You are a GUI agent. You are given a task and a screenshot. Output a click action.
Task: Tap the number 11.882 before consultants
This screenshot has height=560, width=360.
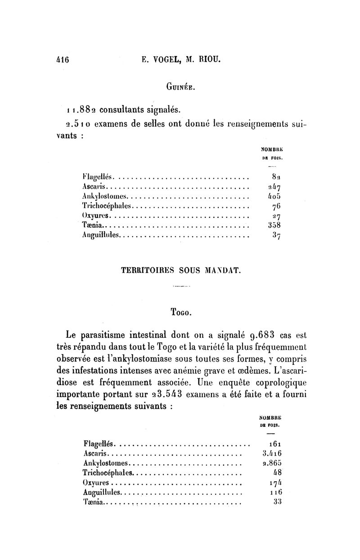click(x=79, y=110)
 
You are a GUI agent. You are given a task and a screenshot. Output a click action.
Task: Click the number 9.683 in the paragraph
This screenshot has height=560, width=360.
click(x=256, y=334)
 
